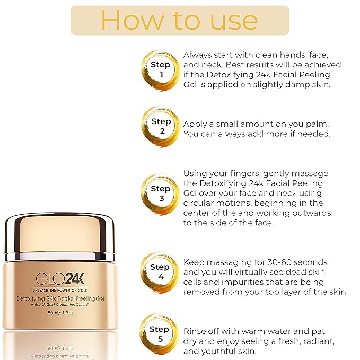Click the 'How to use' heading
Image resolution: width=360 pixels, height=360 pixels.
180,20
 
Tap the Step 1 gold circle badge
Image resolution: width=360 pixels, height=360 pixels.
161,69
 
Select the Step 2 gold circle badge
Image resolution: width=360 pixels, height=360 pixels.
161,126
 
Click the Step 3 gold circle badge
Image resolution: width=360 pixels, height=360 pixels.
161,193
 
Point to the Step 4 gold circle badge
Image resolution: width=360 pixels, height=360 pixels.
160,272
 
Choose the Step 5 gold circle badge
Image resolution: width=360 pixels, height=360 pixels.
160,333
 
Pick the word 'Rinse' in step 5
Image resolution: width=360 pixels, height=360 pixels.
196,331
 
